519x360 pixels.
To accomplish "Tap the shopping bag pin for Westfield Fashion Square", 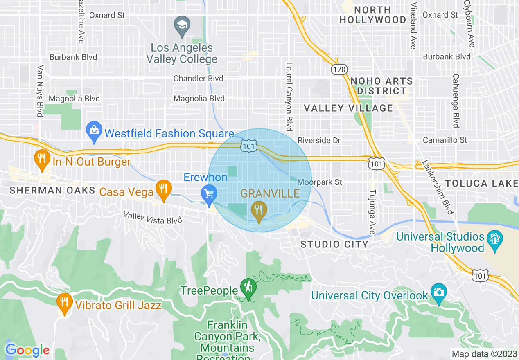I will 94,132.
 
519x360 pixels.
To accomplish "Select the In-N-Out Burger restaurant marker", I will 41,160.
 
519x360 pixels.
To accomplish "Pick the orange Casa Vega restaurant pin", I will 163,189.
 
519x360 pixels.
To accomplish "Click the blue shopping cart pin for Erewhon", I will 209,194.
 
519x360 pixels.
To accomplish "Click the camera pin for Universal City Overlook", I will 438,293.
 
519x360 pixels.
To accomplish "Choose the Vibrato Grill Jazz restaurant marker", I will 63,303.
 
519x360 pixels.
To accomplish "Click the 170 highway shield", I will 339,70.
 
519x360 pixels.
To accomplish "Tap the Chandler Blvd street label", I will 198,78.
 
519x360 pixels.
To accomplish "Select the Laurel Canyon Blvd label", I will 289,97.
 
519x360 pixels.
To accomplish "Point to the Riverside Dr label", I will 319,140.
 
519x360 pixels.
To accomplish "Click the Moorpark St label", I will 320,182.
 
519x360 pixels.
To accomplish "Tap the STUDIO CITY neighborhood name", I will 334,245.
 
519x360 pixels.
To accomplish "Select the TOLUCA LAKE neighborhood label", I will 482,183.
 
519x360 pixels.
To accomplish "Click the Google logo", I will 27,350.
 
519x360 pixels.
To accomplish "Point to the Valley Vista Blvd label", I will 153,218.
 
